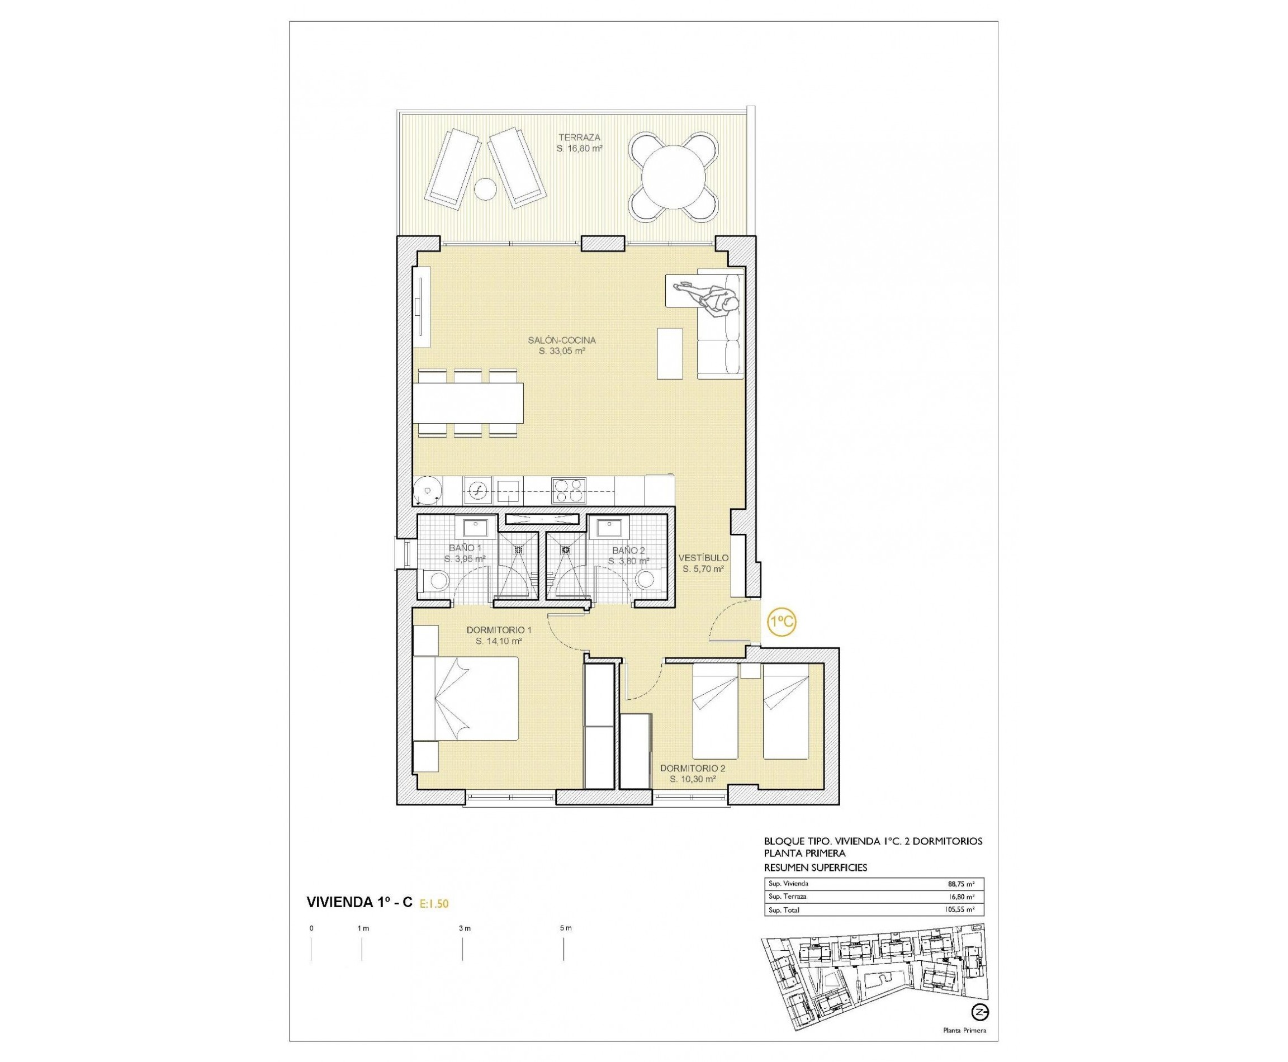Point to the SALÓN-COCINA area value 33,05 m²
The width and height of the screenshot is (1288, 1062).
click(x=562, y=351)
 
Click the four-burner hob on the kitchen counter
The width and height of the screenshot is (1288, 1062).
click(x=569, y=491)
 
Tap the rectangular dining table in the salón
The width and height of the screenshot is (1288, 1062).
click(x=468, y=402)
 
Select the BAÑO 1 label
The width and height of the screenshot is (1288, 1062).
click(x=465, y=548)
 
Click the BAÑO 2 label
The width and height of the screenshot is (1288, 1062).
click(x=628, y=550)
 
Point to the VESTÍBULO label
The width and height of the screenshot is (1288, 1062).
click(x=703, y=557)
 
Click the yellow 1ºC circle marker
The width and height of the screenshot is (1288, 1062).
click(x=782, y=623)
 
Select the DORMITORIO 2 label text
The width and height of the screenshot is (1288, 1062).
click(x=692, y=768)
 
